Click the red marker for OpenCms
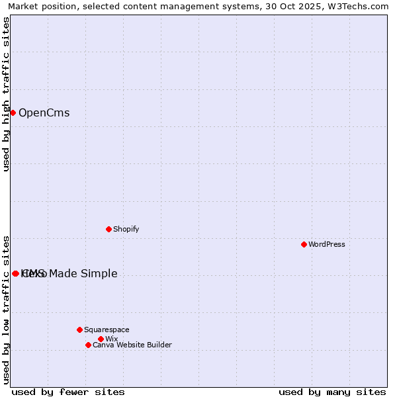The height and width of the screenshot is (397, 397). (x=13, y=112)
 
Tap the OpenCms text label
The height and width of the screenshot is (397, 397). (x=44, y=112)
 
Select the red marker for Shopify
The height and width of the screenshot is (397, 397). (x=109, y=229)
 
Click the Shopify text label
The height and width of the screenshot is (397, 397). (x=126, y=229)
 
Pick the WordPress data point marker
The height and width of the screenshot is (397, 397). (x=304, y=244)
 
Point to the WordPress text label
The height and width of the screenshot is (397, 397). (x=326, y=244)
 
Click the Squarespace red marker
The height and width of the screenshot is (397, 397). (x=79, y=330)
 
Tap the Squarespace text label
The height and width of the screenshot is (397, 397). (x=107, y=330)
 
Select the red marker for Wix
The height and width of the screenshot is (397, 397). (x=101, y=339)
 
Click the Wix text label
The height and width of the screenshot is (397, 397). (x=111, y=339)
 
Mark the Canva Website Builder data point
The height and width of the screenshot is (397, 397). (x=88, y=345)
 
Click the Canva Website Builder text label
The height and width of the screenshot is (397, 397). (x=132, y=345)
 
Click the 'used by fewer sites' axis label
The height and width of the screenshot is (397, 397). (x=68, y=392)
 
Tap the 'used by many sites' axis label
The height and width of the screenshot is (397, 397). (x=332, y=392)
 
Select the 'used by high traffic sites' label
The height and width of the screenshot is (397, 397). (x=6, y=94)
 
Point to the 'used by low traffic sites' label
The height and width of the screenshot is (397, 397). (x=6, y=309)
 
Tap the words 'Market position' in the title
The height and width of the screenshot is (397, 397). (x=42, y=7)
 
